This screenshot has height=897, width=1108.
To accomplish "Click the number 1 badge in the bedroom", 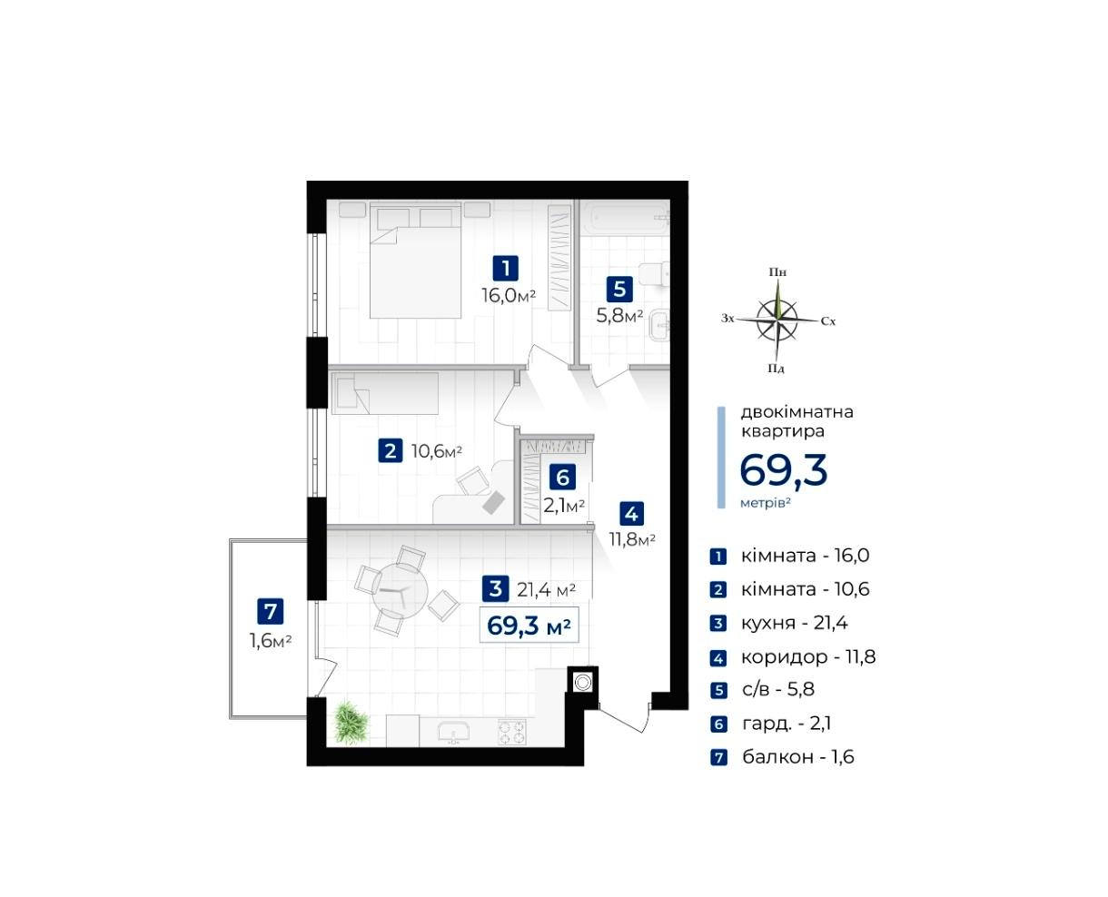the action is pos(505,268).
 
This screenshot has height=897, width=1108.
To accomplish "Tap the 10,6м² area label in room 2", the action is pos(437,451).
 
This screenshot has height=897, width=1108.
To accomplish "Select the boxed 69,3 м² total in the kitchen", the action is pos(529,625).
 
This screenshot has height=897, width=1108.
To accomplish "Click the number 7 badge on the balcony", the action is pos(271,611).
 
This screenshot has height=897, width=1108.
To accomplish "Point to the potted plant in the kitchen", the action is pos(351,722).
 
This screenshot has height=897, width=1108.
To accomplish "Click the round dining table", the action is pos(400,591).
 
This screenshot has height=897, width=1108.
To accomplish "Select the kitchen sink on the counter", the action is pos(453,732).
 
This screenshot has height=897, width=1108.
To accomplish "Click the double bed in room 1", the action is pos(415,261).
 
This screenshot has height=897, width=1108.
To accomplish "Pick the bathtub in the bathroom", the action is pos(624,218).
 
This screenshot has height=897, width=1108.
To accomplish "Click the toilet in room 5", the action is pos(654,274).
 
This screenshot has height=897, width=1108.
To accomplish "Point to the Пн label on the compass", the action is pos(777,272).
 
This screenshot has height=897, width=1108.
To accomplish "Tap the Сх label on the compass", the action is pos(828,321).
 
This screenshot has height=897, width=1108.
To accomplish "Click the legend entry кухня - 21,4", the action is pos(794,623).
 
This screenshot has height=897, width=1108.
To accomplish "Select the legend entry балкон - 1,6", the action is pos(798,756).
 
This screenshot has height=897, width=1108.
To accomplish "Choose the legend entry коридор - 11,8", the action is pos(808,656).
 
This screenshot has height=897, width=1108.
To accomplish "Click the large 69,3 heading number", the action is pos(783,469).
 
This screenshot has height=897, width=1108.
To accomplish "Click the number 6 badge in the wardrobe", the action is pos(562,477).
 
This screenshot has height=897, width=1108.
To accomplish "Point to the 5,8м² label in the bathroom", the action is pos(619,315).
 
